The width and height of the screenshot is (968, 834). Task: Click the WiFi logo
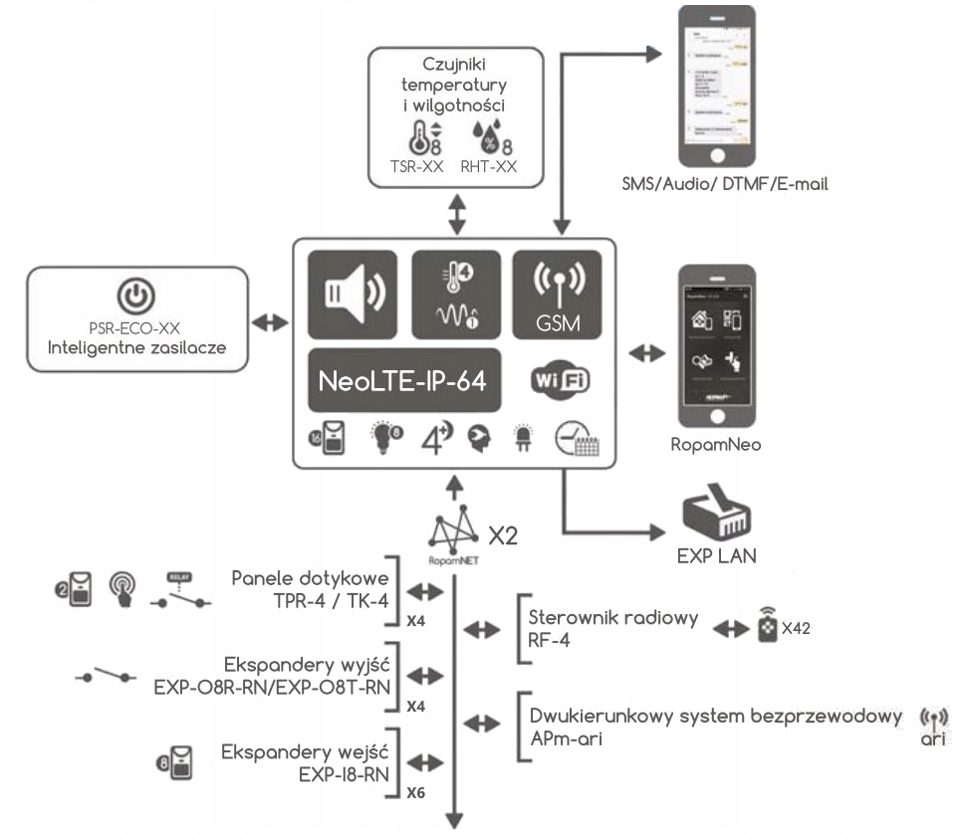(x=557, y=382)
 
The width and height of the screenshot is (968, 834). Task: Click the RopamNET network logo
(x=452, y=537)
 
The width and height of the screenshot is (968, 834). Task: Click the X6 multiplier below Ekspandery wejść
(x=417, y=793)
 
